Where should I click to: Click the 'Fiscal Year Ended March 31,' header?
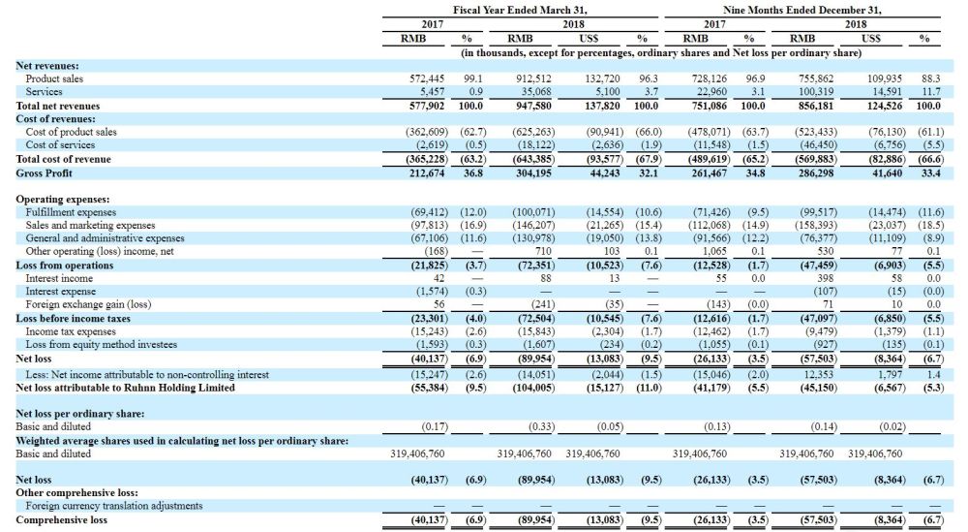tap(520, 10)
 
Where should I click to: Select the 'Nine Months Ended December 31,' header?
tap(802, 10)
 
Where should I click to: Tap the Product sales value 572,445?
tap(427, 79)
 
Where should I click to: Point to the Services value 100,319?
tap(816, 92)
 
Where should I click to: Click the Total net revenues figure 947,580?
tap(534, 106)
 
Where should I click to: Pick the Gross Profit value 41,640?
tap(885, 173)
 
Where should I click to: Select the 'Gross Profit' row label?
tap(44, 173)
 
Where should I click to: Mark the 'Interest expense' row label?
tap(60, 292)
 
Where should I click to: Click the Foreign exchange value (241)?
tap(543, 304)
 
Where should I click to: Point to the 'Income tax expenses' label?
tap(71, 331)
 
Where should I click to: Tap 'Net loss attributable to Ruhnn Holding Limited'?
tap(125, 388)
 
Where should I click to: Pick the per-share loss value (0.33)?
tap(541, 427)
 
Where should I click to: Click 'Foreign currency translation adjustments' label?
tap(114, 506)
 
